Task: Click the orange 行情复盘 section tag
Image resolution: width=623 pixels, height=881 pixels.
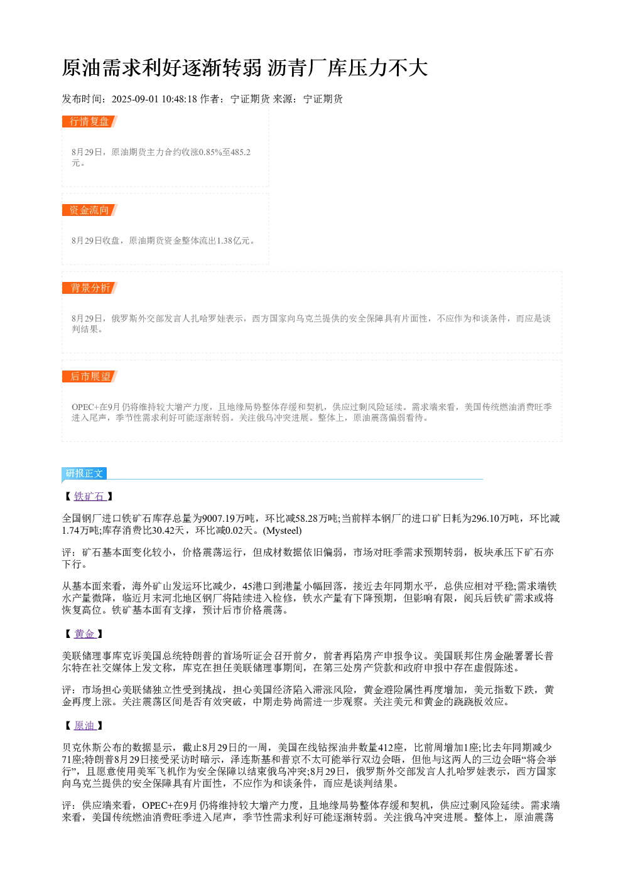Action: click(x=90, y=122)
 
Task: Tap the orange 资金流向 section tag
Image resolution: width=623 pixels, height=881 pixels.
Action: click(x=90, y=210)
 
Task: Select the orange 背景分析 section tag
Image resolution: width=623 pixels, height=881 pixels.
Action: click(x=90, y=288)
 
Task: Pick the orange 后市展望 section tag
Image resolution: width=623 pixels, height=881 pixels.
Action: click(x=90, y=376)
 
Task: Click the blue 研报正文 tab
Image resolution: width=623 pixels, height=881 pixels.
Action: click(x=84, y=473)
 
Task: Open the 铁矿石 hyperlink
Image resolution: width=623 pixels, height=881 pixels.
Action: click(x=90, y=496)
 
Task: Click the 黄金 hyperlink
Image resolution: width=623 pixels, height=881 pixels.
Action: click(x=85, y=634)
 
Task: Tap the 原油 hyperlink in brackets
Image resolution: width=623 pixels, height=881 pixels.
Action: click(x=85, y=726)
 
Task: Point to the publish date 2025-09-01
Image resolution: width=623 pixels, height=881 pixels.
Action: click(x=135, y=99)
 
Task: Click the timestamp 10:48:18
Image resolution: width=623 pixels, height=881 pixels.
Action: click(x=179, y=99)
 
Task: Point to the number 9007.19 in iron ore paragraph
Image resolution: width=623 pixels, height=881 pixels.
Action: click(x=219, y=519)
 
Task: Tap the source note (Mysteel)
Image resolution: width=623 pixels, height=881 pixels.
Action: click(x=283, y=531)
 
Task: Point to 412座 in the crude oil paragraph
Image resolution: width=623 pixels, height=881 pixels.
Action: click(x=391, y=748)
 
